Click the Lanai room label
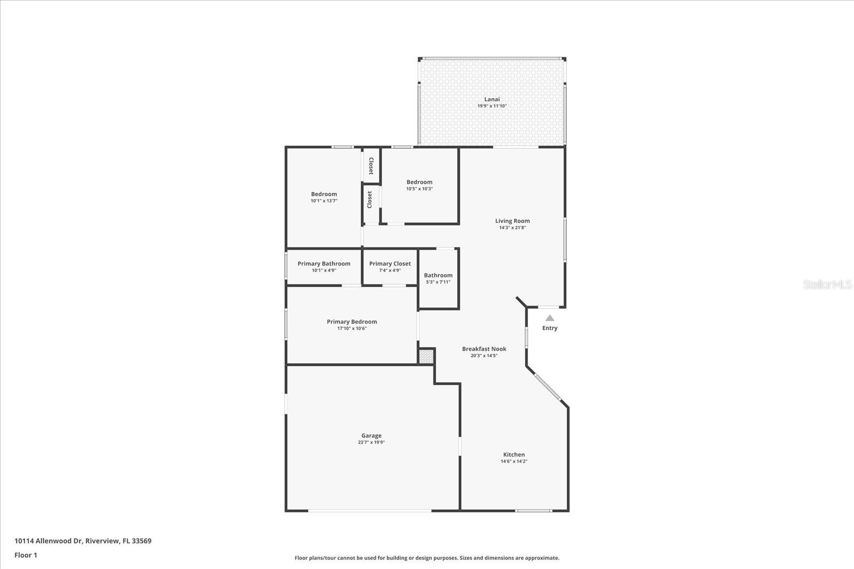coord(492,99)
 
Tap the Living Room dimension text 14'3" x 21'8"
coord(512,228)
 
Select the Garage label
coord(371,436)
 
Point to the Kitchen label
coord(513,455)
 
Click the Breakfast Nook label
coord(484,349)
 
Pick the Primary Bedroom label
coord(352,322)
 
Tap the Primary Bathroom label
coord(324,263)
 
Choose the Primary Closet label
coord(390,263)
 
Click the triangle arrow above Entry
coord(550,318)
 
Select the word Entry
coord(550,328)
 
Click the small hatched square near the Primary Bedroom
coord(426,356)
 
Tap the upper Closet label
coord(371,166)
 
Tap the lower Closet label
coord(369,200)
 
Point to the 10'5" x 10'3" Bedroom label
coord(419,182)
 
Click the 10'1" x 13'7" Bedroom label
coord(324,194)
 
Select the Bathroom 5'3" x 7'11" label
coord(438,275)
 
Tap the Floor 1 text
coord(26,555)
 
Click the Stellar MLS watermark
coord(827,285)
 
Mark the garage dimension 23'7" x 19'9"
coord(371,442)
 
